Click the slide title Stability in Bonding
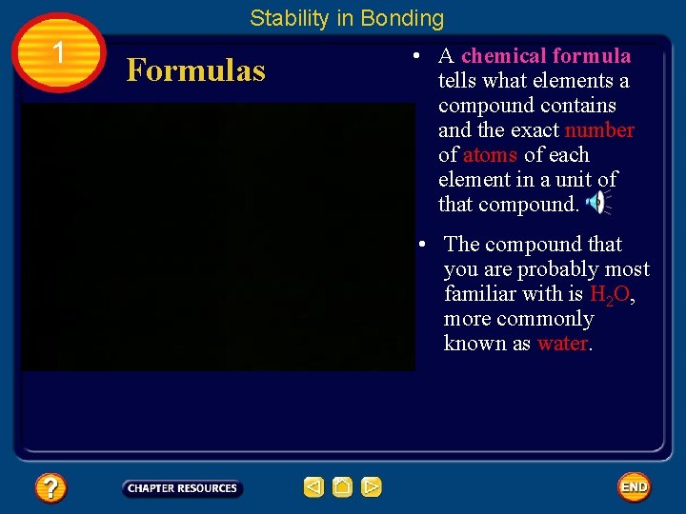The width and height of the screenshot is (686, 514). [347, 18]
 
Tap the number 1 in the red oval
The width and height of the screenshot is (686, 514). [59, 53]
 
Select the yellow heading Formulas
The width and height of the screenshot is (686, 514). [195, 69]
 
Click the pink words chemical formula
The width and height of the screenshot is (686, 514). [546, 56]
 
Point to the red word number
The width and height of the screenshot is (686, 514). [599, 130]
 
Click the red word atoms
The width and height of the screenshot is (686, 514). [490, 155]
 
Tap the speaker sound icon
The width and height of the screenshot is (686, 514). [596, 202]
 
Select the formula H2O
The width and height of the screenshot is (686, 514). [610, 295]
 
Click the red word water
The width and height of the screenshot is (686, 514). [563, 344]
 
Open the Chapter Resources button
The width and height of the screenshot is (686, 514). [182, 488]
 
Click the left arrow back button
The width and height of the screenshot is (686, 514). [313, 487]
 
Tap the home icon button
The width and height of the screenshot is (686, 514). [342, 487]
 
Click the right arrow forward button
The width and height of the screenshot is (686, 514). [372, 487]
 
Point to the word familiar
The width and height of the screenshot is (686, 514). [482, 294]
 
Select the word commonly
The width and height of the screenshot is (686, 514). [546, 319]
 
